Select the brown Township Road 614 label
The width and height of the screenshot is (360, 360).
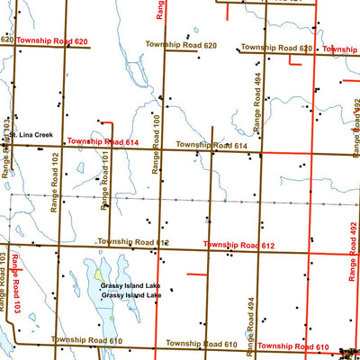[211, 145]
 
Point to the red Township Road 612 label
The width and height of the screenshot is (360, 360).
[239, 245]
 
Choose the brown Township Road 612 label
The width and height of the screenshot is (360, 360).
[133, 242]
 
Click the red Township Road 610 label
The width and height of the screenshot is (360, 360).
[293, 346]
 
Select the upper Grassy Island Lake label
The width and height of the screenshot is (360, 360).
[130, 287]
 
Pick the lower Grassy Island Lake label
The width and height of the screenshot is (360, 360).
[130, 295]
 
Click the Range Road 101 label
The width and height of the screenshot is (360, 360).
[105, 180]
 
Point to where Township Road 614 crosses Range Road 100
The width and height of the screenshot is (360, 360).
[162, 149]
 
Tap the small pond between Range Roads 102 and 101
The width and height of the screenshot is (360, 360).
[79, 166]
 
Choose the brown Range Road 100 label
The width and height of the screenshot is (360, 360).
[156, 144]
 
